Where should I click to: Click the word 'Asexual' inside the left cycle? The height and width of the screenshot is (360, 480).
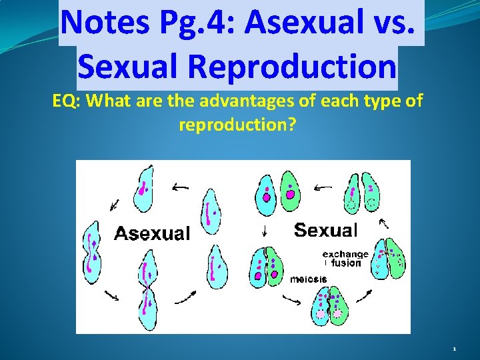coord(152,233)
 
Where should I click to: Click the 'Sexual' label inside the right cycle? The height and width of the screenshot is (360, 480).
coord(325,231)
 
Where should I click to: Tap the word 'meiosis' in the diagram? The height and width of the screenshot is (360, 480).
coord(309,279)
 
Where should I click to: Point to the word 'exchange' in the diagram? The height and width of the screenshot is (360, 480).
coord(345,254)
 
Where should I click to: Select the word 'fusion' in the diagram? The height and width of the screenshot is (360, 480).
coord(347,263)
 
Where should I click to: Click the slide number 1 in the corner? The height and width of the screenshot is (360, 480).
coord(454,349)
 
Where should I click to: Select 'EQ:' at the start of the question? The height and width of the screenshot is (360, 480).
coord(67,102)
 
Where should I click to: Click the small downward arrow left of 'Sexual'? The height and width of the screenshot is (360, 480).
coord(265,231)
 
